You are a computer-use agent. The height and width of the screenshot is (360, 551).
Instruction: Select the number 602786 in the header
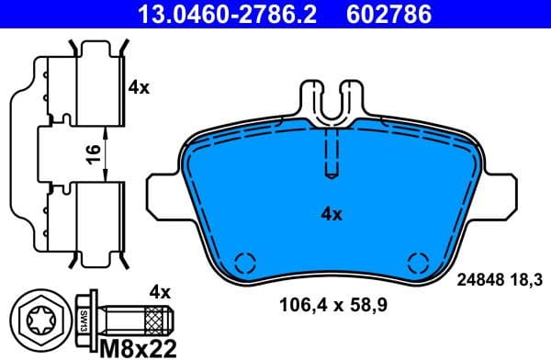coord(389,14)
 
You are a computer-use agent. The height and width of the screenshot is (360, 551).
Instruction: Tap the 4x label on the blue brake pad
coord(331,214)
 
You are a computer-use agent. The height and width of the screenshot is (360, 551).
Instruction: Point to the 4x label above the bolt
coord(160,293)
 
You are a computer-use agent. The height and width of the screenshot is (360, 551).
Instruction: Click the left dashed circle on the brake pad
coord(244,261)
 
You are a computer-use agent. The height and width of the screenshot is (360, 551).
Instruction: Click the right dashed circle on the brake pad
coord(418,261)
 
